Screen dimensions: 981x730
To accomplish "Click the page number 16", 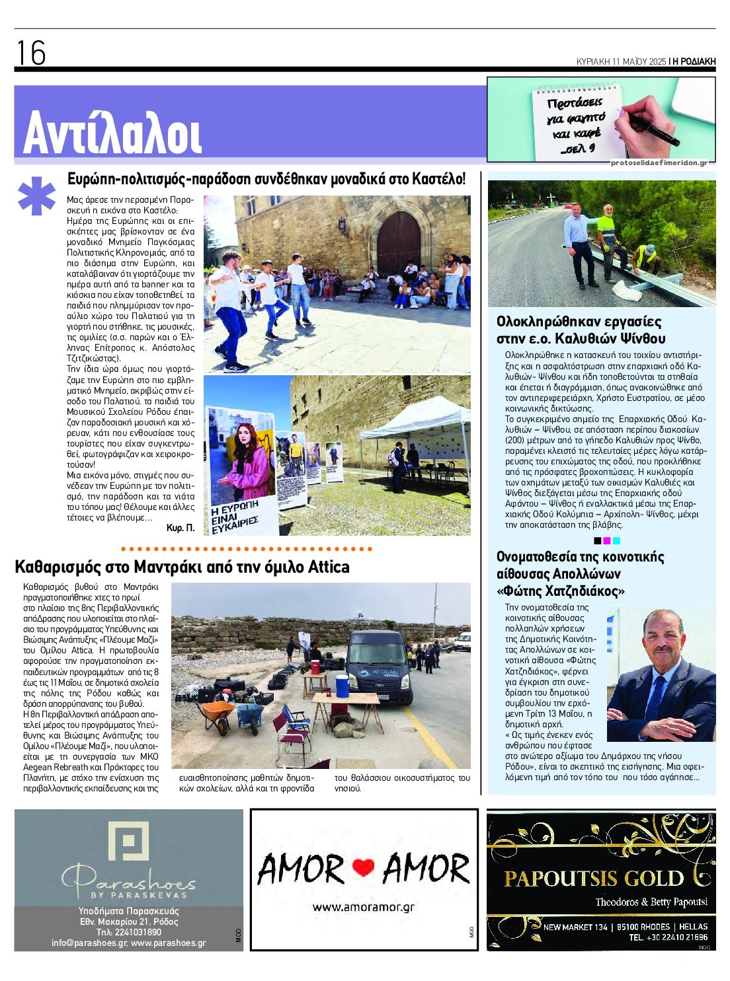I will pos(30,53).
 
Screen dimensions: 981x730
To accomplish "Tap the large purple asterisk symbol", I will pos(36,196).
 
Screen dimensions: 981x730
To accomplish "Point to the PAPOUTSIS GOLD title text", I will pos(593,878).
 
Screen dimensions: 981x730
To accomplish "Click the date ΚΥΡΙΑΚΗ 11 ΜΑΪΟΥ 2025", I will pos(620,61).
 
